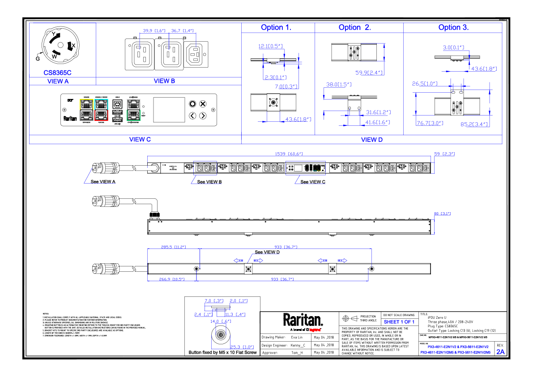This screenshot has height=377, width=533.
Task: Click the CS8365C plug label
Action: pos(57,72)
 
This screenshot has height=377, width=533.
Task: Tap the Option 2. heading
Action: pos(354,27)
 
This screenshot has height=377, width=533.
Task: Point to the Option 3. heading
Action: pos(453,27)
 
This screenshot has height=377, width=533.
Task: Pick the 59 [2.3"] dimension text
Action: pos(445,154)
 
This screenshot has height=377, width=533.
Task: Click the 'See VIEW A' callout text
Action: pos(103,182)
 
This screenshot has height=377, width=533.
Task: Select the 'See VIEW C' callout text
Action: pos(313,182)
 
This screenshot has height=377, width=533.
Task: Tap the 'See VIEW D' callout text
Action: pos(267,252)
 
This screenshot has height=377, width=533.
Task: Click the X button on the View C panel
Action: pos(203,104)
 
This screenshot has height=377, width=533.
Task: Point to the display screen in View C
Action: pos(169,110)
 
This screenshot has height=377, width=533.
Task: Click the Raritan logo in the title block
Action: pos(303,320)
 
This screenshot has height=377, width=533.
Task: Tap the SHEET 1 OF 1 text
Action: pos(399,322)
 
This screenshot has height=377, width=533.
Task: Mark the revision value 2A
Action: pos(500,352)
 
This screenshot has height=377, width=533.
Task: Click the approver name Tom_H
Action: pos(297,353)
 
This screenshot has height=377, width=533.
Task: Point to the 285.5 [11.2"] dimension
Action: pos(173,247)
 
